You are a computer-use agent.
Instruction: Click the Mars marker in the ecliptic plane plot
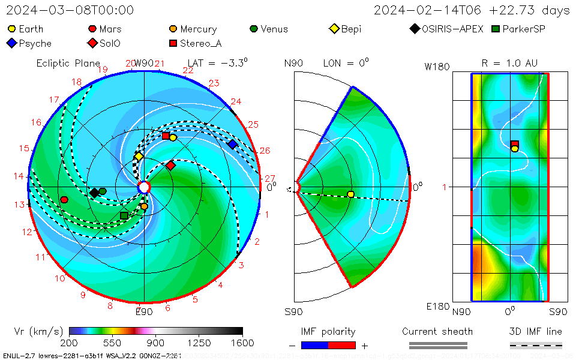click(64, 200)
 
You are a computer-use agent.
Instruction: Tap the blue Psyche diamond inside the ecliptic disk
click(232, 144)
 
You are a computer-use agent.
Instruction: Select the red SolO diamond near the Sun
click(170, 165)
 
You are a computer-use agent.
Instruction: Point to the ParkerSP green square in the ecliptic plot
click(124, 215)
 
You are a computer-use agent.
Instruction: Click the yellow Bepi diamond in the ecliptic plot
click(139, 157)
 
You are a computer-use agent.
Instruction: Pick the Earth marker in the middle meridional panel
click(351, 194)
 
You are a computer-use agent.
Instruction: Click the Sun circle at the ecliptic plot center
click(144, 188)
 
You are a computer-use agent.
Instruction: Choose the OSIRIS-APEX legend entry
click(446, 29)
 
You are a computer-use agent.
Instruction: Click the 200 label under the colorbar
click(69, 343)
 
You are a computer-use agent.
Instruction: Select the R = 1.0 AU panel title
click(509, 63)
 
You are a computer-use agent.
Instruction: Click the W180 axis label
click(437, 67)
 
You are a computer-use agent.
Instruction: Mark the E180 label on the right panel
click(437, 307)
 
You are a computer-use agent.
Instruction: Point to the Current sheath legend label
click(437, 331)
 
